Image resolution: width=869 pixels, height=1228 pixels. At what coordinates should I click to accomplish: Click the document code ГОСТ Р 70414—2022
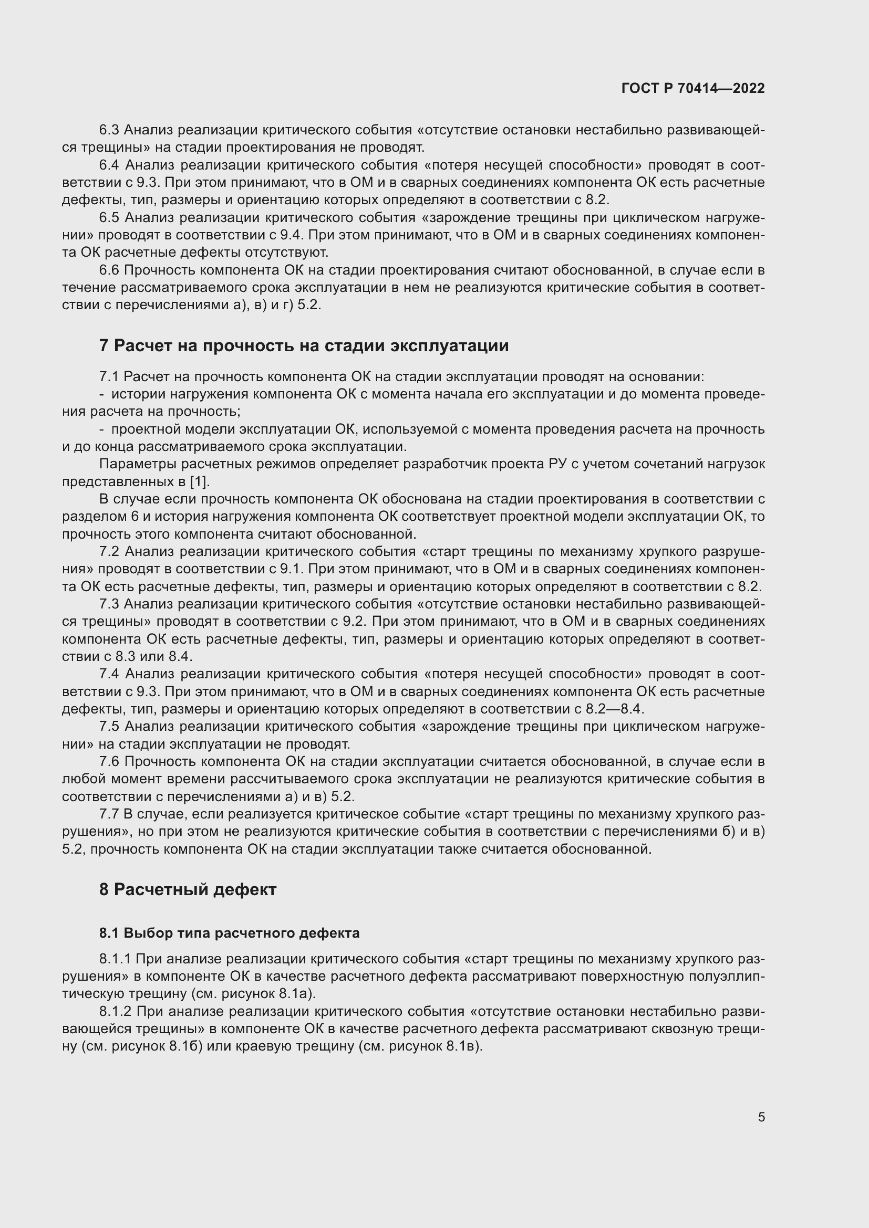click(693, 88)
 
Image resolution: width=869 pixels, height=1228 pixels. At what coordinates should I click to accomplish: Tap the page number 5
click(761, 1117)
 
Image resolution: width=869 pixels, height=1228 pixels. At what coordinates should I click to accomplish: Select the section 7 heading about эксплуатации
click(303, 346)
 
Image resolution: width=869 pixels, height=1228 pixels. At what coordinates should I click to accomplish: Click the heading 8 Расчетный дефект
click(187, 889)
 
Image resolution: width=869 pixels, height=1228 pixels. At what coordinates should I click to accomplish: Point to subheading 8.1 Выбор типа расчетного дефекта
click(229, 933)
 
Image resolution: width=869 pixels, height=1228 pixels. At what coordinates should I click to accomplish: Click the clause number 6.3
click(110, 130)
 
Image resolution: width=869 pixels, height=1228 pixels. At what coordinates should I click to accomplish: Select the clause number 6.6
click(110, 270)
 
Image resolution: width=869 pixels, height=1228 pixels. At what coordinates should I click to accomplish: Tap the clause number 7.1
click(109, 376)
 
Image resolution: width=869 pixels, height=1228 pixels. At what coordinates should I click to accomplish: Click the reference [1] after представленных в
click(200, 481)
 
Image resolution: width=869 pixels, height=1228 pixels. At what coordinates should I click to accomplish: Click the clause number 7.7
click(109, 814)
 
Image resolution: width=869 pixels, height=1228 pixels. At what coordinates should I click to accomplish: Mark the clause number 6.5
click(110, 218)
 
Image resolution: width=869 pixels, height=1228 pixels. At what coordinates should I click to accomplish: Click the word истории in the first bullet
click(139, 394)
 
